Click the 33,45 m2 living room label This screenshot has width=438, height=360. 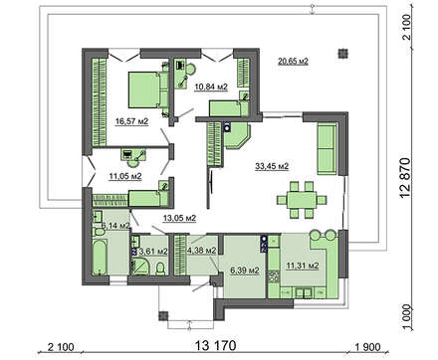272,166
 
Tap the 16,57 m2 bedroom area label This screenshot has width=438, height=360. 131,121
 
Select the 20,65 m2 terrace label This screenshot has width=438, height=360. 294,61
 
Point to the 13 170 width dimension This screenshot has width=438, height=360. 216,345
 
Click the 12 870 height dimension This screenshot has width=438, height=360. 405,178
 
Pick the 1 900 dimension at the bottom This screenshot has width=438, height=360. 368,347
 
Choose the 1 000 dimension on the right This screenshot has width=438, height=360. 406,316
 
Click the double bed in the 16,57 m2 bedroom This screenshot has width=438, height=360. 148,90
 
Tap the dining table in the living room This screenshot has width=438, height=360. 302,200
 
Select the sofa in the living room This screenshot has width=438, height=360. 328,149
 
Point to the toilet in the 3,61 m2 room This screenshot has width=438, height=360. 160,269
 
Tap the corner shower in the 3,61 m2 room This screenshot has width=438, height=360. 140,267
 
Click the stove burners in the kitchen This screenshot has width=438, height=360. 274,276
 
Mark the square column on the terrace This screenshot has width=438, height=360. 342,54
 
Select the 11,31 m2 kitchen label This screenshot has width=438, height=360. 303,266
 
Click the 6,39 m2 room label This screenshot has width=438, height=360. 245,270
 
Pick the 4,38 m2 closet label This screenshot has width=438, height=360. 202,251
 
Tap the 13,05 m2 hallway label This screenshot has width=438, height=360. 179,218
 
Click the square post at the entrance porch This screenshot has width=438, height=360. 163,315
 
